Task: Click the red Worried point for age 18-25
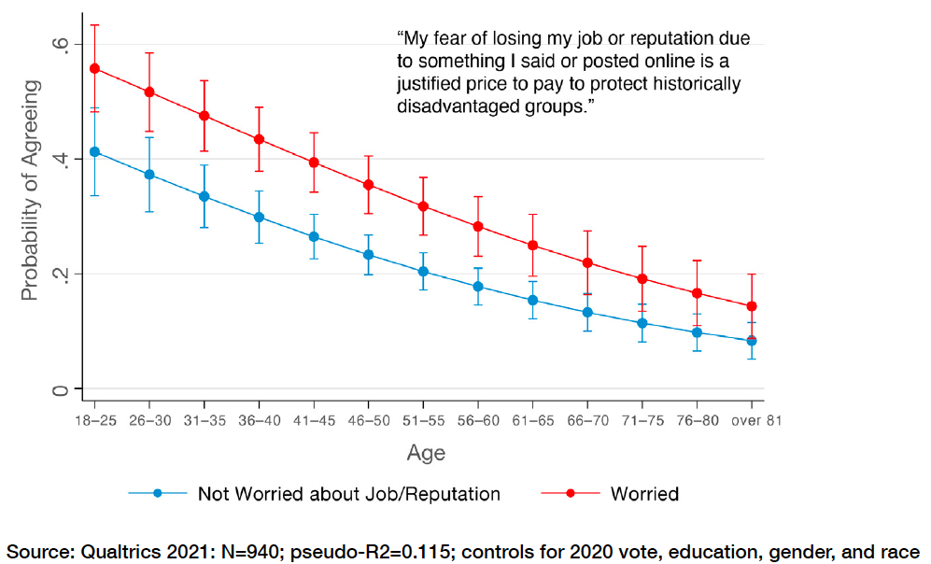pyautogui.click(x=94, y=68)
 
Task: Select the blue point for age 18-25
pyautogui.click(x=94, y=151)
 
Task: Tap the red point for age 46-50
pyautogui.click(x=369, y=185)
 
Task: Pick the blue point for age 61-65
pyautogui.click(x=533, y=300)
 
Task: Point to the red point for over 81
pyautogui.click(x=752, y=306)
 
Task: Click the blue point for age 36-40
pyautogui.click(x=259, y=217)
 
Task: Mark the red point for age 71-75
pyautogui.click(x=642, y=278)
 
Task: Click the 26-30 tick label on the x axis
pyautogui.click(x=149, y=420)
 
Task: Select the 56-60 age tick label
pyautogui.click(x=478, y=420)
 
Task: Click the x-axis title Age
pyautogui.click(x=426, y=454)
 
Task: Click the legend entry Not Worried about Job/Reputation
pyautogui.click(x=348, y=493)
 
